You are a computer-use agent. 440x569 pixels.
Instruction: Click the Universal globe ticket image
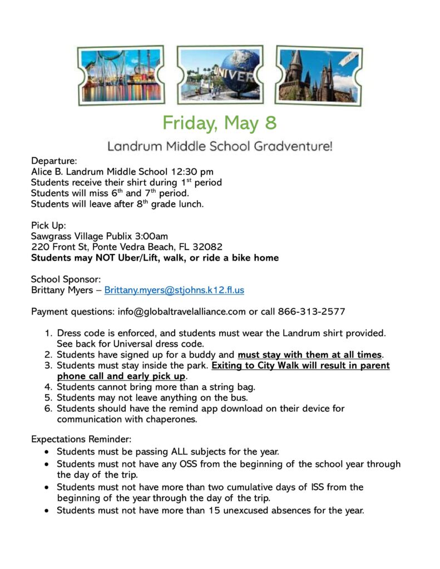pos(220,76)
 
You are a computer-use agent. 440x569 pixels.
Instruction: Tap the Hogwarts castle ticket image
pos(319,75)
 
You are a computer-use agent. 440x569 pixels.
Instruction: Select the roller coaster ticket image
pos(121,76)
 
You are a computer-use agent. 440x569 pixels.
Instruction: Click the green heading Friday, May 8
pos(220,122)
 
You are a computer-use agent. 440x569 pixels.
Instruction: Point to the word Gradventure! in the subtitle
pos(300,147)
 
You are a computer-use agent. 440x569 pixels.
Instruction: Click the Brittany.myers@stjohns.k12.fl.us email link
pos(174,290)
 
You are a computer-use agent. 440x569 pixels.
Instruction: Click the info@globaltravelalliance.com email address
pos(181,311)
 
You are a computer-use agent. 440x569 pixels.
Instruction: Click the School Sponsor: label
pos(66,279)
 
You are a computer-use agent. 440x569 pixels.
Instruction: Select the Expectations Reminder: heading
pos(81,439)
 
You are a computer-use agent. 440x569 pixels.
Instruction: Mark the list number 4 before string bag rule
pos(48,387)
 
